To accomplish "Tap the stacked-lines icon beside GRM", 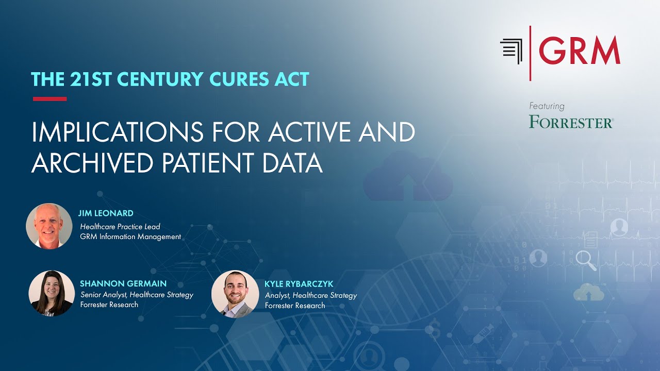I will click(x=511, y=51).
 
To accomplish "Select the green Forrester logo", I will click(x=571, y=122).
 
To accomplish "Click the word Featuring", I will click(x=547, y=106).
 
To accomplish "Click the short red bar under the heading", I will click(x=49, y=99).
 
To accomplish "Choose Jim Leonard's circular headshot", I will click(x=49, y=226).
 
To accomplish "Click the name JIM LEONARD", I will click(x=106, y=213).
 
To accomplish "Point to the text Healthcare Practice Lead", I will click(x=120, y=226).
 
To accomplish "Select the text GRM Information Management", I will click(x=130, y=237).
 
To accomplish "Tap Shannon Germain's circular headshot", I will click(x=52, y=293).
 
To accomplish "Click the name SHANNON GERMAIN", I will click(x=123, y=284).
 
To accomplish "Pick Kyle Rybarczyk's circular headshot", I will click(x=235, y=293).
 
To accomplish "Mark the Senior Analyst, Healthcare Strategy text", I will click(x=137, y=295).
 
